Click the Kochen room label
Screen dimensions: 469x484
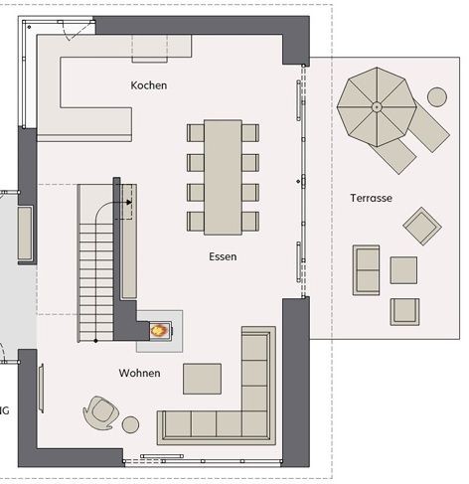[x=149, y=85]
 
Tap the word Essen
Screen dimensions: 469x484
[x=223, y=256]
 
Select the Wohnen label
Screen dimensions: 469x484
[x=139, y=373]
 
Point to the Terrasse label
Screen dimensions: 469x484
[x=371, y=198]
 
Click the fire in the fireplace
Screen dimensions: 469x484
[x=159, y=330]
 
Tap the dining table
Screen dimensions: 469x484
[x=223, y=177]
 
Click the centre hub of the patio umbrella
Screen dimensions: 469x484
[x=377, y=107]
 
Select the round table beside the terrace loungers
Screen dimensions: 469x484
[x=437, y=97]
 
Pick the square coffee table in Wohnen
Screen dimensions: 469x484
[x=202, y=379]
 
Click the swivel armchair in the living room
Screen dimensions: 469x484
[x=100, y=412]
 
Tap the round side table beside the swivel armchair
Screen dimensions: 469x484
[x=130, y=424]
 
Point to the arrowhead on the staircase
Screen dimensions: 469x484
[x=129, y=202]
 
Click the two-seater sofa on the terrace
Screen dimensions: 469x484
[x=366, y=270]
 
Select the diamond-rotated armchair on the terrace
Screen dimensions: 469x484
[x=422, y=226]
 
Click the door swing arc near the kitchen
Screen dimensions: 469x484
[x=73, y=32]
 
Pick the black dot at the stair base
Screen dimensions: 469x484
[x=95, y=341]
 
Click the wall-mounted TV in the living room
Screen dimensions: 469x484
[x=41, y=388]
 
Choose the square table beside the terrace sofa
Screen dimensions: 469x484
[x=403, y=270]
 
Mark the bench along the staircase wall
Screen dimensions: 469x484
[x=129, y=242]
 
